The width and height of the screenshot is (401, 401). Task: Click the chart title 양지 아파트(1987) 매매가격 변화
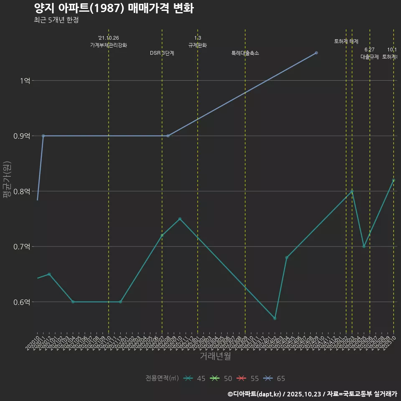(114, 8)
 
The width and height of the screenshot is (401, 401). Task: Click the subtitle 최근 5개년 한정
(56, 20)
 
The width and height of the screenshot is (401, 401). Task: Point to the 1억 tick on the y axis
(25, 81)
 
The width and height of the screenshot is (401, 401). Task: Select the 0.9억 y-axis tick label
(22, 136)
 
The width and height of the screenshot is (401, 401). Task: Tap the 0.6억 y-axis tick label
(22, 302)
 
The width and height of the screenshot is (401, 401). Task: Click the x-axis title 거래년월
(215, 356)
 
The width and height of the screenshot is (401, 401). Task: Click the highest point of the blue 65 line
(316, 53)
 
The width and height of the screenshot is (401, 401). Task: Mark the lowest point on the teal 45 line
(274, 318)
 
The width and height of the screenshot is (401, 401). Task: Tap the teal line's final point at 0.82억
(393, 180)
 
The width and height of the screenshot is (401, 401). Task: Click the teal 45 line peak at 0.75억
(180, 219)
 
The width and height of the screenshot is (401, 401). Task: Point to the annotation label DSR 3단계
(162, 53)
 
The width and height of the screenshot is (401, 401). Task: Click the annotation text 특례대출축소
(245, 53)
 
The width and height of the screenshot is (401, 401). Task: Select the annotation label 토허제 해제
(346, 41)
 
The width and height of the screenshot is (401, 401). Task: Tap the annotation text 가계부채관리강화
(109, 45)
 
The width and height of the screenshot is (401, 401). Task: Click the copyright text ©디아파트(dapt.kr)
(254, 394)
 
